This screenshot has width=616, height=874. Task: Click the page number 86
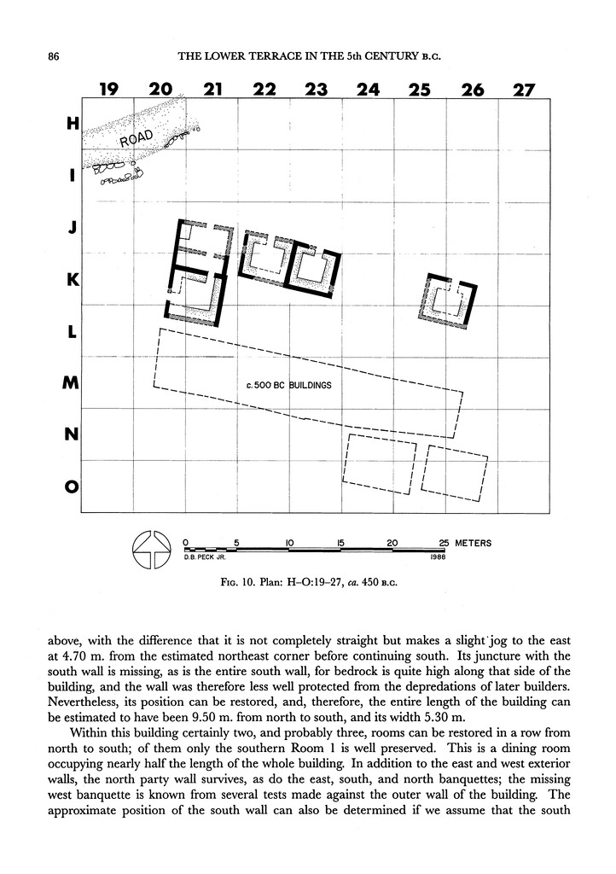(x=52, y=58)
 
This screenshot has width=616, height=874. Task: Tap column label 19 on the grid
(x=108, y=90)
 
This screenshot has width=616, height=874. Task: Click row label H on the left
(x=72, y=124)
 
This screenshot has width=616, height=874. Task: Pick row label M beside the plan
(x=71, y=384)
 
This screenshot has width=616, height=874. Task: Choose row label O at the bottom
(x=72, y=487)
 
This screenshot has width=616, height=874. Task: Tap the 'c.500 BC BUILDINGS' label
(x=288, y=386)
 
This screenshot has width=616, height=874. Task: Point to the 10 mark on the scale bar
(x=290, y=542)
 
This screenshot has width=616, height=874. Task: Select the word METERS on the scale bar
(x=473, y=542)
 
